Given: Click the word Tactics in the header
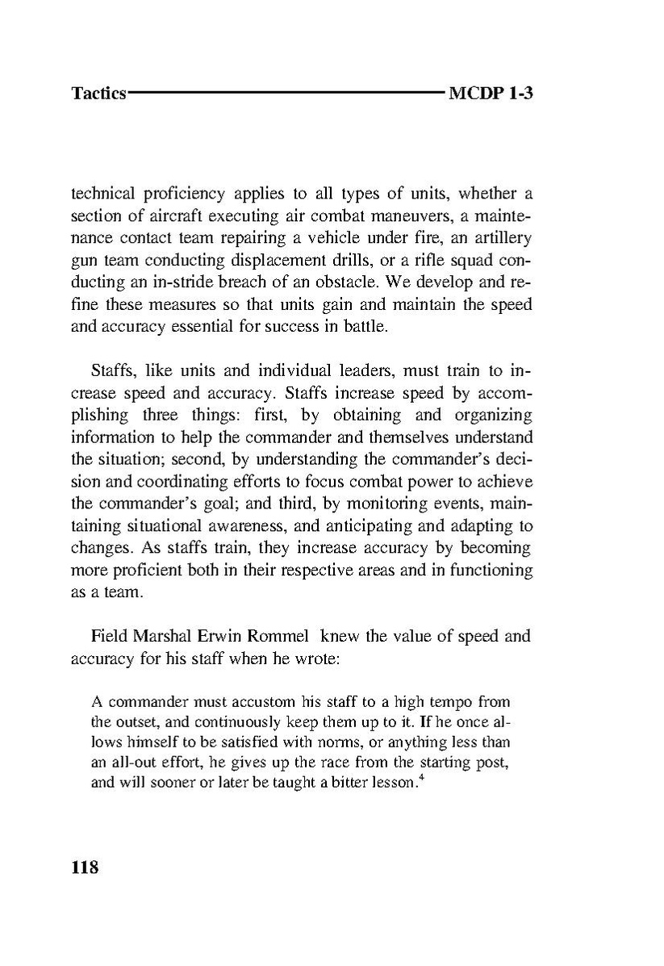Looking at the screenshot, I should pyautogui.click(x=98, y=94).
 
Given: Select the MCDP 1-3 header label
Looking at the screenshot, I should pyautogui.click(x=491, y=94).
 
